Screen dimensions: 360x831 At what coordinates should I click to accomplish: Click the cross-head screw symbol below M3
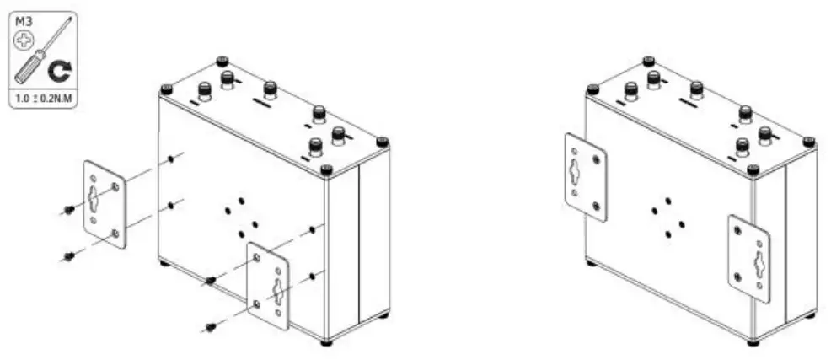click(x=25, y=37)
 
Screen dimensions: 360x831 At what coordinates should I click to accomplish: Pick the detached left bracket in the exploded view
click(x=104, y=204)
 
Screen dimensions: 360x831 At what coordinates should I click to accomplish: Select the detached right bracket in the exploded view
click(x=268, y=287)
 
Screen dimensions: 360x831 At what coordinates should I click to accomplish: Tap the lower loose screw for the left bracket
click(x=68, y=255)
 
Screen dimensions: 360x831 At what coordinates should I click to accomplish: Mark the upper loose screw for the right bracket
click(x=209, y=281)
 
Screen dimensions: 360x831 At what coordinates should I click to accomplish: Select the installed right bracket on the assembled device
click(x=748, y=257)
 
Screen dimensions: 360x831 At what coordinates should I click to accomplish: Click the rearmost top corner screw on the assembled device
click(x=648, y=61)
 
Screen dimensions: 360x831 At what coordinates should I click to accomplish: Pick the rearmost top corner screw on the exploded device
click(x=222, y=61)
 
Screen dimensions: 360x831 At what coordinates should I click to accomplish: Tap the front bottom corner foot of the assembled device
click(x=753, y=342)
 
